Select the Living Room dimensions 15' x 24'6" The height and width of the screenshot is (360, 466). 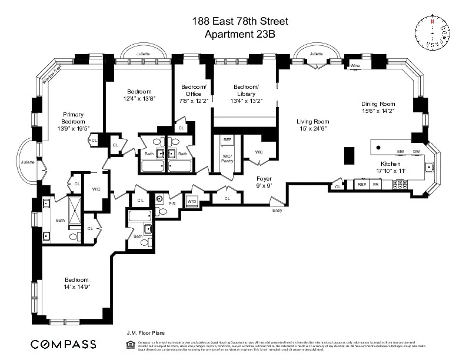click(312, 128)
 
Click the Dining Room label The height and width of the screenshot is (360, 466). click(378, 104)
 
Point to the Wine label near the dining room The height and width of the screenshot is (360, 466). click(355, 66)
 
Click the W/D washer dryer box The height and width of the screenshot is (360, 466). click(191, 201)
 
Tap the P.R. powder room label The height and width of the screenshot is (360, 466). click(173, 204)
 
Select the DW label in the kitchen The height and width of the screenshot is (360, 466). click(416, 151)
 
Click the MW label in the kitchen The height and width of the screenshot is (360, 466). click(400, 151)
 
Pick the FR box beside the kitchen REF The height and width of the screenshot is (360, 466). click(375, 185)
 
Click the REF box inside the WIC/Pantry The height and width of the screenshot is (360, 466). click(227, 140)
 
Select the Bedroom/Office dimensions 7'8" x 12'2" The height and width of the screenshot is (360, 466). click(194, 101)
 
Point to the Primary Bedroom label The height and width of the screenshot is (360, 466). click(74, 118)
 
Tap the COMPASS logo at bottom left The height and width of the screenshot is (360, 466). click(63, 344)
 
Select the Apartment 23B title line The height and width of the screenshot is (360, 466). click(239, 34)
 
